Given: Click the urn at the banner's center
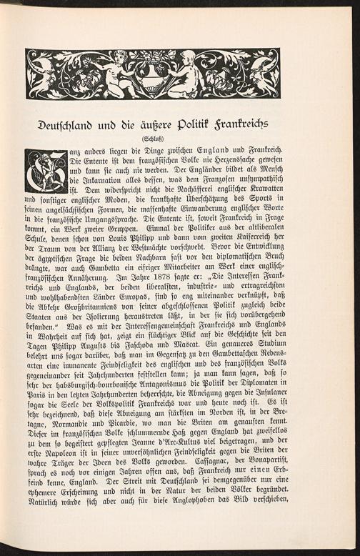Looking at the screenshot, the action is [x=152, y=76].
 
